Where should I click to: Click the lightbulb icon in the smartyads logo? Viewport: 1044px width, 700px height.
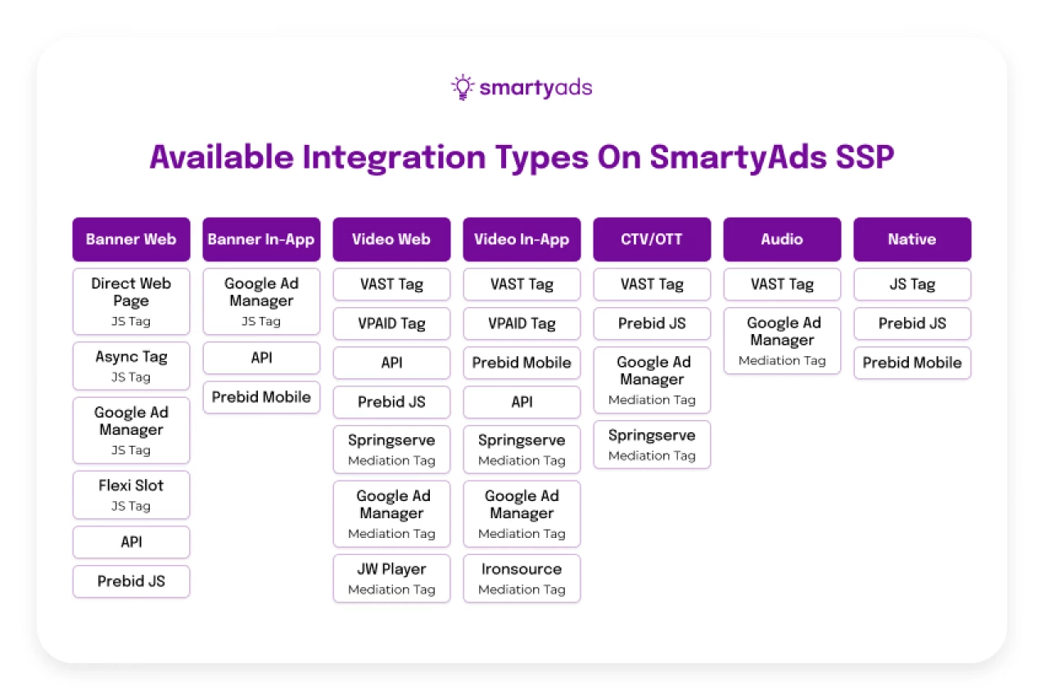coord(463,87)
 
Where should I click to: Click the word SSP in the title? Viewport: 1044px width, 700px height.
coord(865,157)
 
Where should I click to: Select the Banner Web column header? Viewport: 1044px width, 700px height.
coord(132,239)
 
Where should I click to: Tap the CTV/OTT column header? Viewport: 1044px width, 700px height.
coord(652,239)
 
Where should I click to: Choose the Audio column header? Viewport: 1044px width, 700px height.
coord(782,239)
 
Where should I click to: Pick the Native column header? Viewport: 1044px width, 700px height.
coord(912,239)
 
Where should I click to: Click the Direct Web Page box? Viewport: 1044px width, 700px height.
coord(132,301)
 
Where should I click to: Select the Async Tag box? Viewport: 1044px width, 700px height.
coord(132,366)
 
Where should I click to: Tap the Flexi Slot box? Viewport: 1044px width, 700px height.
coord(132,495)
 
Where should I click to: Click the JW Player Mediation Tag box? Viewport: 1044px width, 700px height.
coord(391,578)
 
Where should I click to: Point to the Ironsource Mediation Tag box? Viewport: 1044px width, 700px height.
coord(522,578)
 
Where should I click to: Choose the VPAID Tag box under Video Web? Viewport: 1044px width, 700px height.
coord(391,323)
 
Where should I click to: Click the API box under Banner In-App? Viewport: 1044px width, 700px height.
coord(261,358)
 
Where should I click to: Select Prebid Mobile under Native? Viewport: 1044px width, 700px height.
coord(912,363)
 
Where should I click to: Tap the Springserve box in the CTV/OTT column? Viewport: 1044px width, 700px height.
coord(652,445)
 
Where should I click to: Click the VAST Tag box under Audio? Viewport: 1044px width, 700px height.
coord(782,284)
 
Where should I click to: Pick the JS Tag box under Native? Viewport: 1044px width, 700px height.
coord(912,284)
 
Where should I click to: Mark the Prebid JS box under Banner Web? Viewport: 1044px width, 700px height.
coord(132,581)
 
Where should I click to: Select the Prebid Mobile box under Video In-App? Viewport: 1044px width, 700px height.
coord(522,363)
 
